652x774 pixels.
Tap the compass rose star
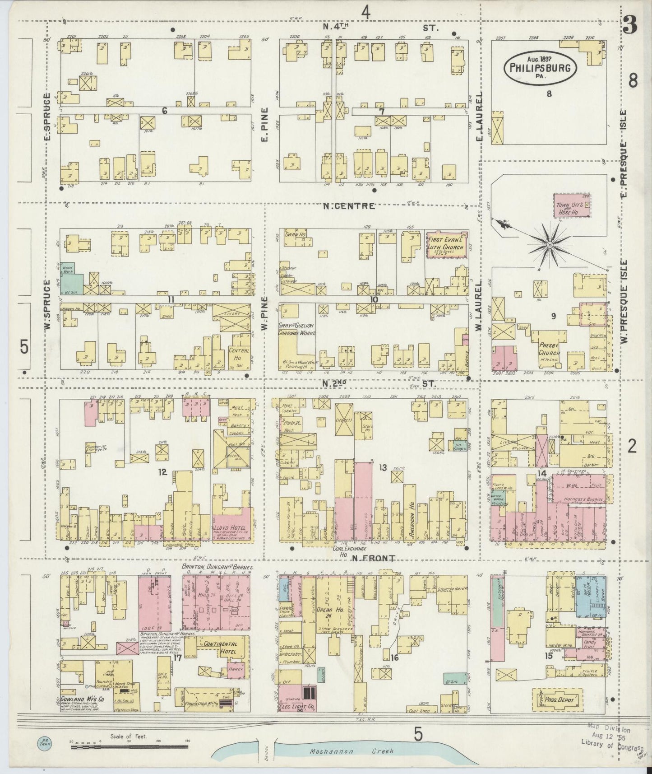point(550,244)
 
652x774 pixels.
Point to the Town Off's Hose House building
point(572,206)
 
